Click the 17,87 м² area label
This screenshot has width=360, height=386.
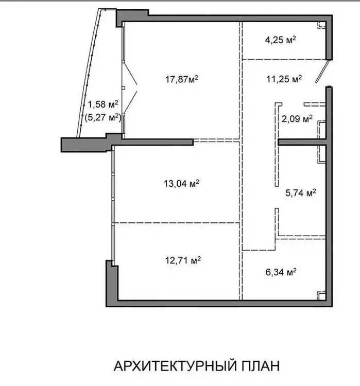(x=182, y=79)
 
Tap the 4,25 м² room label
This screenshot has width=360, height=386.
(x=280, y=40)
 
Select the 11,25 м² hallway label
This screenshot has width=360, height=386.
(x=284, y=79)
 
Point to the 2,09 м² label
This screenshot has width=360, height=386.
(x=297, y=119)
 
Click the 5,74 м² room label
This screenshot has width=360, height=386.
(x=301, y=193)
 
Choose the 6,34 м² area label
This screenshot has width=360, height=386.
(x=281, y=272)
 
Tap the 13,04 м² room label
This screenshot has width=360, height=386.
(x=182, y=184)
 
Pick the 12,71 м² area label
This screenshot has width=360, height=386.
(x=183, y=260)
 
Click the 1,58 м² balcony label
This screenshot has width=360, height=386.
(x=103, y=104)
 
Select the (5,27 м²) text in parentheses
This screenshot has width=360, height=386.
(x=103, y=117)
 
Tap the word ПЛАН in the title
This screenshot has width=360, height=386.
(x=260, y=366)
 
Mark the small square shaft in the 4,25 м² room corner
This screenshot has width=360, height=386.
(x=321, y=25)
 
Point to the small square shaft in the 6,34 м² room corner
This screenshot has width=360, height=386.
(x=321, y=295)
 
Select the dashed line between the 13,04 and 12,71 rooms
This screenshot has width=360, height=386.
(x=176, y=223)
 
